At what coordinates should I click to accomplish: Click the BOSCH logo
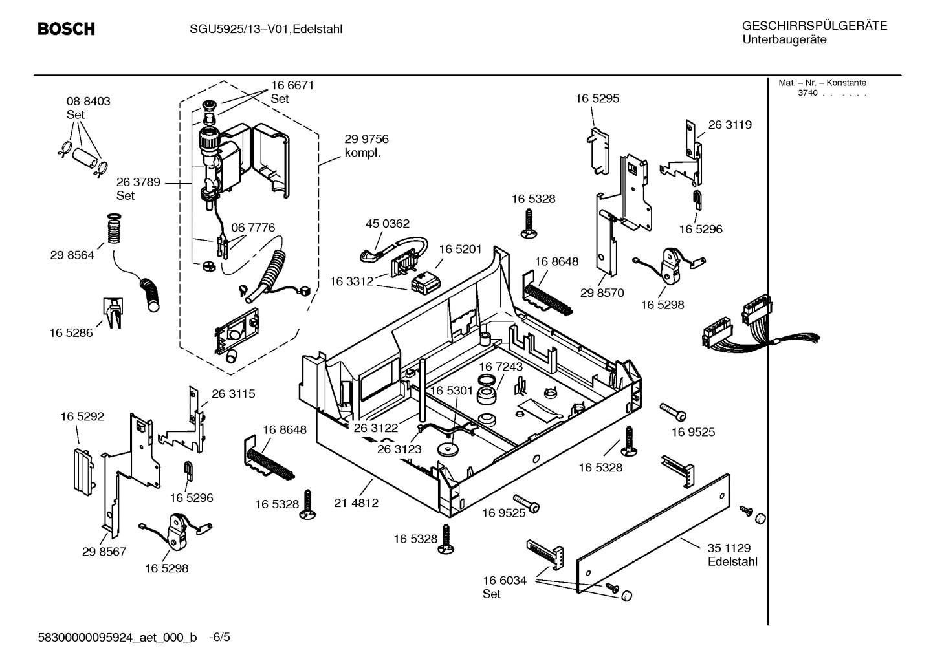pyautogui.click(x=66, y=29)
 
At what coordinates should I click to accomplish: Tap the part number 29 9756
pyautogui.click(x=366, y=139)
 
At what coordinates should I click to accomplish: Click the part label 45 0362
pyautogui.click(x=388, y=224)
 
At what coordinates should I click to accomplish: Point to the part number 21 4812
pyautogui.click(x=356, y=502)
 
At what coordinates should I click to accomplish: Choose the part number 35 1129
pyautogui.click(x=729, y=548)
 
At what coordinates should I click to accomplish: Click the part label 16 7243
pyautogui.click(x=501, y=367)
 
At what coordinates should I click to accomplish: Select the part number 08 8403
pyautogui.click(x=89, y=102)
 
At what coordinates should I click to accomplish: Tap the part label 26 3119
pyautogui.click(x=730, y=125)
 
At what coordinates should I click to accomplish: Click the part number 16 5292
pyautogui.click(x=82, y=417)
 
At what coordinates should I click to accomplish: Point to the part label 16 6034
pyautogui.click(x=505, y=581)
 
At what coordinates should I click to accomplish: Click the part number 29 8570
pyautogui.click(x=602, y=293)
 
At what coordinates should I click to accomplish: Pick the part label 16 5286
pyautogui.click(x=71, y=333)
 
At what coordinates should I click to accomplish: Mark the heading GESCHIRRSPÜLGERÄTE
pyautogui.click(x=814, y=27)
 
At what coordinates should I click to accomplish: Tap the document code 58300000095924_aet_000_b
pyautogui.click(x=118, y=638)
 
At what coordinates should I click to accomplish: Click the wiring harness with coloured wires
pyautogui.click(x=744, y=327)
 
